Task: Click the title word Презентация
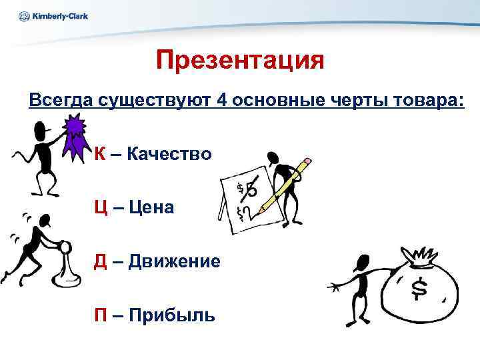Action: pyautogui.click(x=240, y=61)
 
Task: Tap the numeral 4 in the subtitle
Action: pyautogui.click(x=223, y=101)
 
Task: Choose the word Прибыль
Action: pyautogui.click(x=171, y=314)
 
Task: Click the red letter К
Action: pyautogui.click(x=99, y=154)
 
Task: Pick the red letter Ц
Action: pyautogui.click(x=101, y=207)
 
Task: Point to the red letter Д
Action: pyautogui.click(x=100, y=261)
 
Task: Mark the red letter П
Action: pyautogui.click(x=100, y=314)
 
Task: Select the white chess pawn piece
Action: pyautogui.click(x=64, y=263)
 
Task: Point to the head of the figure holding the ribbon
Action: pyautogui.click(x=42, y=130)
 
